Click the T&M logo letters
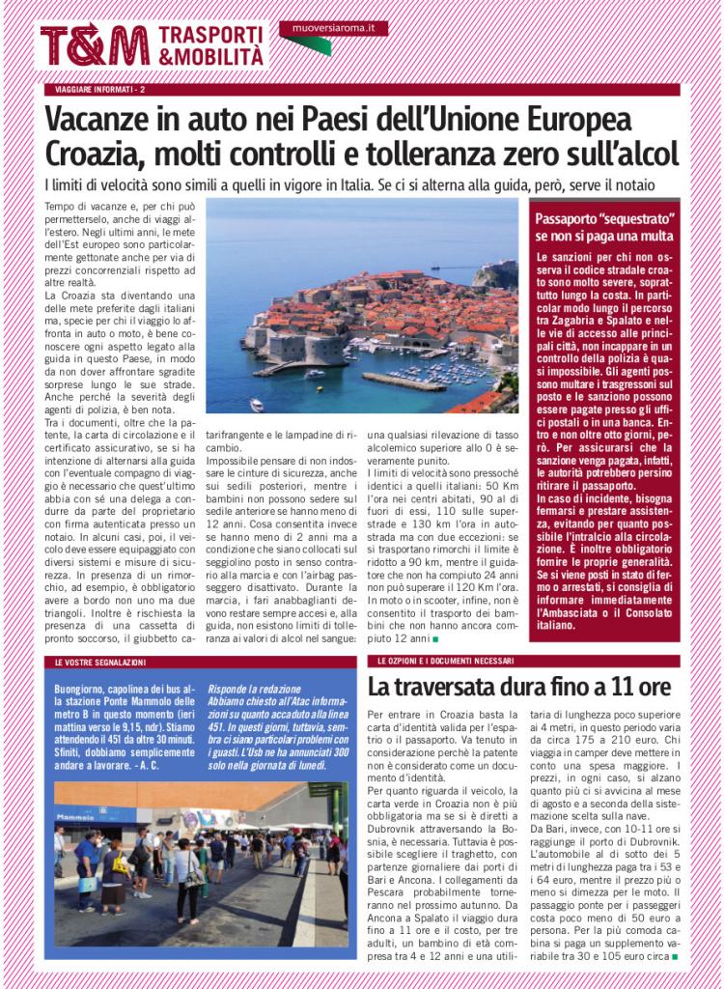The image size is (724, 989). [95, 45]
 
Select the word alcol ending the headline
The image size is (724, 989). [647, 154]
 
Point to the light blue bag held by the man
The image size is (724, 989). [87, 882]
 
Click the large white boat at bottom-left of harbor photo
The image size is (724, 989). [256, 404]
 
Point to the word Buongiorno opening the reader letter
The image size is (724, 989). [83, 688]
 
